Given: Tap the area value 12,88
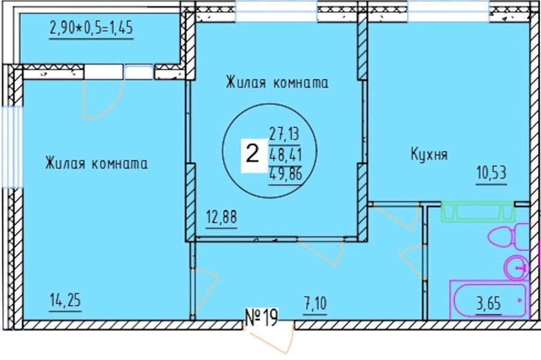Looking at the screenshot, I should tap(222, 216).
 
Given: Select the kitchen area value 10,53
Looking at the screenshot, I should tap(492, 174).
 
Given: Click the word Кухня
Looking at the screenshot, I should tap(429, 155).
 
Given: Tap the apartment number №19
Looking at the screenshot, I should tap(262, 317).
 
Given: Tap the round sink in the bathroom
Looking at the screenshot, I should tap(516, 266).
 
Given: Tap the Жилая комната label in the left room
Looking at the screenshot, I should tap(96, 163).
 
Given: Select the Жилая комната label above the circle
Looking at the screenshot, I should tap(277, 83).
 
